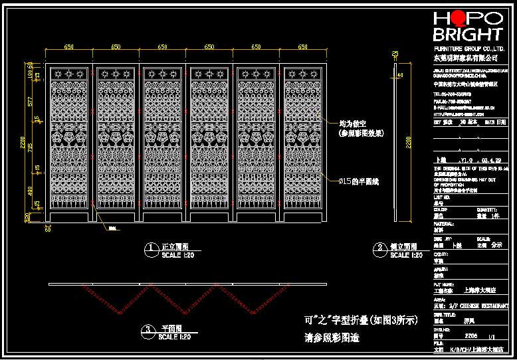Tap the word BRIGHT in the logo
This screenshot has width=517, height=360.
(x=467, y=35)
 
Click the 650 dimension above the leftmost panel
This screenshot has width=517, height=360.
(x=69, y=47)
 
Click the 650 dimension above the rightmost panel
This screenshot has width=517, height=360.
(x=303, y=47)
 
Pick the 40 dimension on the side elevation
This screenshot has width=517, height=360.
(x=399, y=75)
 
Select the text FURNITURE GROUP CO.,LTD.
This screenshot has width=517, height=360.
(x=467, y=49)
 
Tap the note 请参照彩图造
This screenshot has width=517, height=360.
(x=331, y=338)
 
